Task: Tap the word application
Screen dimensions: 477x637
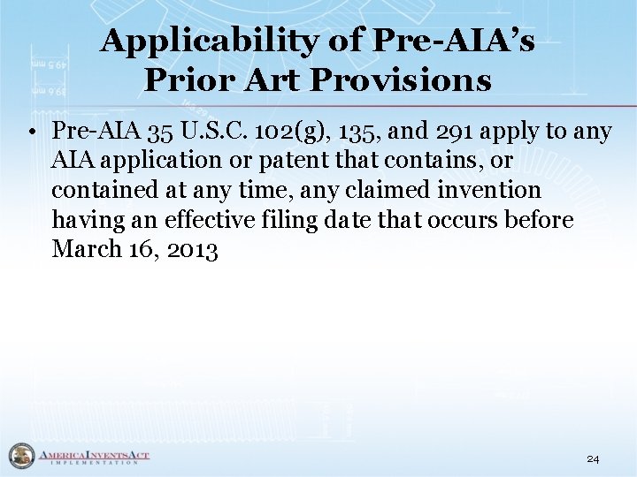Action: pyautogui.click(x=157, y=162)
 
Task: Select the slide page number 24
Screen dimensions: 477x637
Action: pyautogui.click(x=593, y=459)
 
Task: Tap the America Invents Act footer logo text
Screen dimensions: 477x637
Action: pyautogui.click(x=93, y=456)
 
